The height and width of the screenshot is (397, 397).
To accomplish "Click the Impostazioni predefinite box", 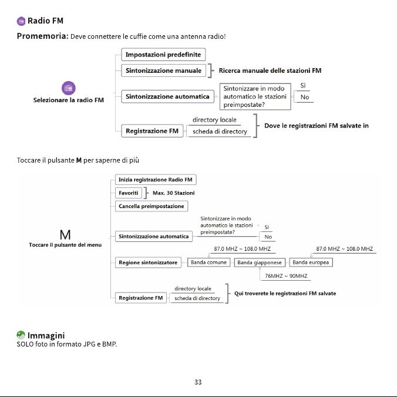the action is pos(163,55).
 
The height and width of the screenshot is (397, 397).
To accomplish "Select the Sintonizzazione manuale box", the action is pos(164,70).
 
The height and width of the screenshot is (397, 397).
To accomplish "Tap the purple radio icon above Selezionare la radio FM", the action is pos(69,88).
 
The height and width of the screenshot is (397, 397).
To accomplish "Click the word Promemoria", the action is pos(42,36).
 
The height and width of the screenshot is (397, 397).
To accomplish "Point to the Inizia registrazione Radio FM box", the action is pos(156,180).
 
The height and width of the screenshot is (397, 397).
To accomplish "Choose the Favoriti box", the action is pos(129,193).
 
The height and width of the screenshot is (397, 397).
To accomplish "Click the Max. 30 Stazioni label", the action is pos(173,193).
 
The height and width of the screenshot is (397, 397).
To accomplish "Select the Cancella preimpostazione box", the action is pos(152,206).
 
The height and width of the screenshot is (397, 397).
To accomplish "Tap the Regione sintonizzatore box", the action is pos(148,263).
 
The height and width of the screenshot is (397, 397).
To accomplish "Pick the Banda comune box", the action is pos(208,263).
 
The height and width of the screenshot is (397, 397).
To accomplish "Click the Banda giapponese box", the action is pos(260,263).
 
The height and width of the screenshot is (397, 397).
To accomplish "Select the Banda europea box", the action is pos(311,263).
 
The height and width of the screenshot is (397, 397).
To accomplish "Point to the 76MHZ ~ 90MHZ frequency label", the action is pos(286,275).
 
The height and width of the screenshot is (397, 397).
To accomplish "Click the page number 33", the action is pos(198,382).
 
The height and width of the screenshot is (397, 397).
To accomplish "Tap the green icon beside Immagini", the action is pos(21,335).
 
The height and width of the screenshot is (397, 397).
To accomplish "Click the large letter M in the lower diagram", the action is pos(65,235).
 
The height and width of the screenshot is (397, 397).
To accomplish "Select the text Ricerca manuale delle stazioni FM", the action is pos(270,70).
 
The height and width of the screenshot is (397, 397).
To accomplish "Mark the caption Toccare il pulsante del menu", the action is pos(65,245).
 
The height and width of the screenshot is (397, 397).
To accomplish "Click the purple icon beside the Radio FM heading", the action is pos(21,21).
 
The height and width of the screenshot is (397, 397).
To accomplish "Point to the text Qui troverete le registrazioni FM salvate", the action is pos(285,294).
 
